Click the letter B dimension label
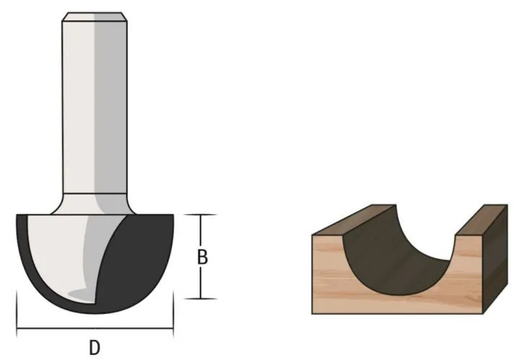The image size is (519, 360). [x=203, y=258]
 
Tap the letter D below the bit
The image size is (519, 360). [x=94, y=348]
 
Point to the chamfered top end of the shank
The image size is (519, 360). [x=94, y=16]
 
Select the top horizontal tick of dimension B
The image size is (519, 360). [x=203, y=214]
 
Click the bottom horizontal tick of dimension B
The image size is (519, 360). [x=203, y=299]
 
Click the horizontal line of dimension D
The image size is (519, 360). [x=94, y=330]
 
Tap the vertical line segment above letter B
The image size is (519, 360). [x=203, y=231]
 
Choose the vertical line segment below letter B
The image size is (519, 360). [x=203, y=284]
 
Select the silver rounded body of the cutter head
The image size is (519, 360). [x=61, y=253]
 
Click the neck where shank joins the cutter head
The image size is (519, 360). [x=94, y=201]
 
